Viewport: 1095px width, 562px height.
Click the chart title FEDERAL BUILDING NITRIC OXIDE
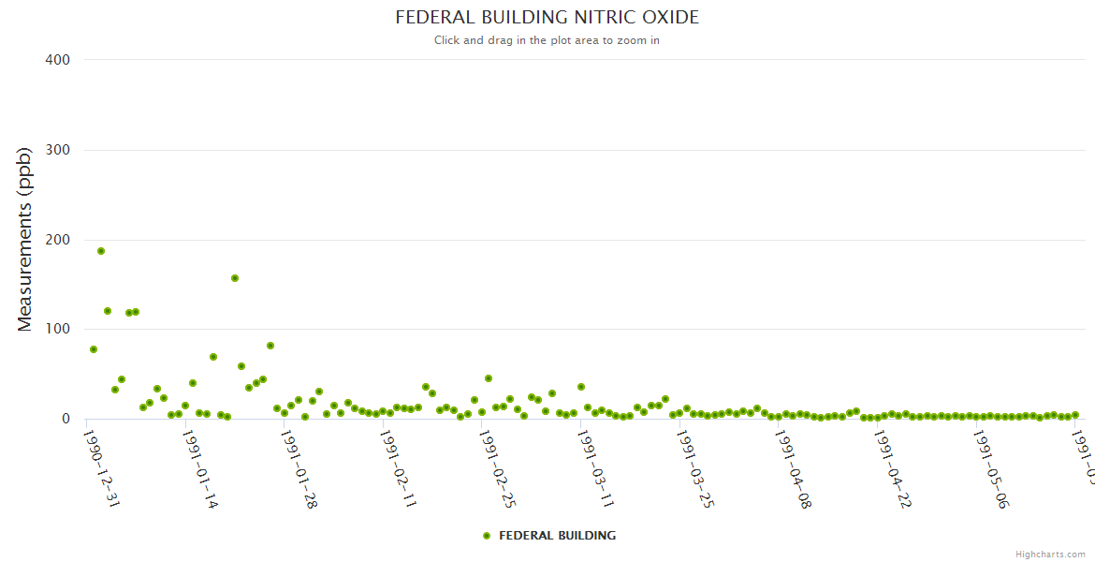pos(547,18)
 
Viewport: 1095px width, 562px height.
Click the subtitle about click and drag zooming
pos(547,40)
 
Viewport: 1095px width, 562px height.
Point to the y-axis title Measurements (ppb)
pos(25,239)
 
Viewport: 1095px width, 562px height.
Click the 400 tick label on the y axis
pos(58,60)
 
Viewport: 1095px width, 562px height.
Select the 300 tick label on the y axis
pos(58,150)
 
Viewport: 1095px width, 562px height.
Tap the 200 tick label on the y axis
pos(58,240)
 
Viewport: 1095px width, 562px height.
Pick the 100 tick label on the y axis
pos(58,330)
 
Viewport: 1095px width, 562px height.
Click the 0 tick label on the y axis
pos(66,419)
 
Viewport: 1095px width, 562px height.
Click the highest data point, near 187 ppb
pos(101,251)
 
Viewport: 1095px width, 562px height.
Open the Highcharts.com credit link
pos(1050,555)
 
